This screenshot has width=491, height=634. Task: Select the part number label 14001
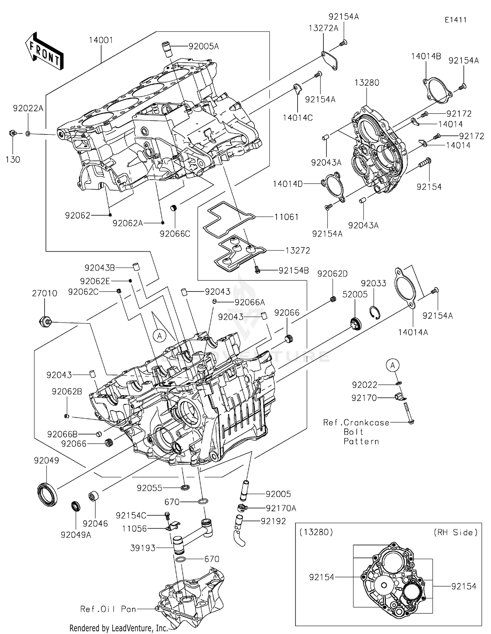point(101,40)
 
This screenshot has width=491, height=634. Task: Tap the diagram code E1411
point(455,20)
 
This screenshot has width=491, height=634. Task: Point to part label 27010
point(45,293)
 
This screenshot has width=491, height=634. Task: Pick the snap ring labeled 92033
point(375,312)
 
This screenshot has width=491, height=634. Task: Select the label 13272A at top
point(323,28)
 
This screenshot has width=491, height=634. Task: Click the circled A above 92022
point(393,365)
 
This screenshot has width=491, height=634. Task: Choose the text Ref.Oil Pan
point(108,609)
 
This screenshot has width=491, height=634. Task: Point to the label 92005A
point(204,46)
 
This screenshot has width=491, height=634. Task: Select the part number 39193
point(143,548)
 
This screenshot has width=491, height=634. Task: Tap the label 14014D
point(288,184)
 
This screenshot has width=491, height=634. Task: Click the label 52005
point(355,294)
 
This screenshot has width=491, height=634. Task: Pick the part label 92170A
point(281,508)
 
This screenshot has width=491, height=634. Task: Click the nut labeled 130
point(12,133)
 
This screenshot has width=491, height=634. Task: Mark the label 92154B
point(294,271)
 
